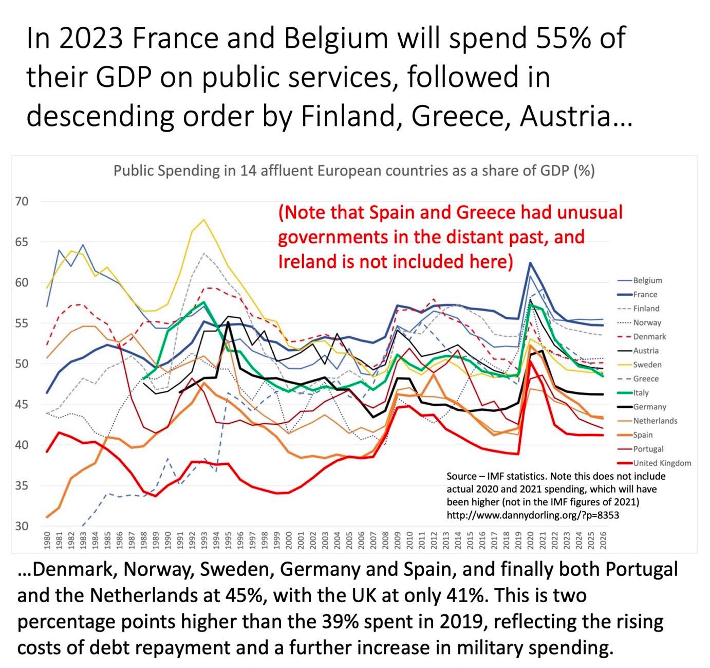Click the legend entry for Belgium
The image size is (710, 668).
tap(647, 281)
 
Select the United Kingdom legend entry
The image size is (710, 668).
tap(662, 463)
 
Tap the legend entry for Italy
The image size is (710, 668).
tap(641, 393)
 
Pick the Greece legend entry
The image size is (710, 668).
tap(646, 379)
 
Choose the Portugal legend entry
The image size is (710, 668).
tap(648, 449)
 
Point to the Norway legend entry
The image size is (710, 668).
tap(647, 323)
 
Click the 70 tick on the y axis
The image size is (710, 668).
tap(22, 202)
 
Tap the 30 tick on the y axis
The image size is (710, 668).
tap(22, 526)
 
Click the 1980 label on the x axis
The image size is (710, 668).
tap(47, 540)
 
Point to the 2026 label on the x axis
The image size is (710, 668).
tap(603, 540)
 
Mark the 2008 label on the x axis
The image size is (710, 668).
tap(385, 540)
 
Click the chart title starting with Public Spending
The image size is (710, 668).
tap(354, 171)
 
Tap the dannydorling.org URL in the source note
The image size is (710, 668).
tap(533, 515)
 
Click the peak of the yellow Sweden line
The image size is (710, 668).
tap(204, 220)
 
